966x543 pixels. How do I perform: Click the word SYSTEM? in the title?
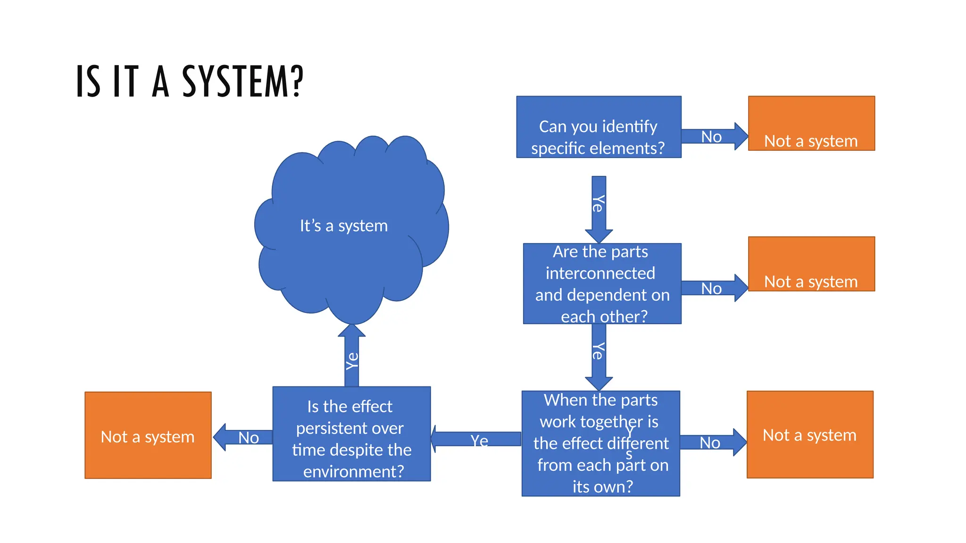coord(242,82)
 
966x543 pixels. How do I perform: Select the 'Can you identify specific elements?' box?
coord(598,127)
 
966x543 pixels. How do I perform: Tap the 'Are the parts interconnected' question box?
coord(602,283)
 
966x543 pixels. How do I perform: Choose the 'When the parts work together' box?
coord(600,443)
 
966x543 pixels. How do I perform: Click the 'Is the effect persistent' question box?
coord(351,434)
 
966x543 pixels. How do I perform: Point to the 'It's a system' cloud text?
coord(344,226)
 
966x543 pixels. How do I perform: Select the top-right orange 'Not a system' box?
coord(811,123)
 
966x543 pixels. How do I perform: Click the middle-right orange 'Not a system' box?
coord(811,263)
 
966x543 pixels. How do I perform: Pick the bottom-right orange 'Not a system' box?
coord(809,434)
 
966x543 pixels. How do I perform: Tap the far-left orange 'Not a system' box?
coord(148,435)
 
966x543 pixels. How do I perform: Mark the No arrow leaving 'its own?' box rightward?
coord(711,442)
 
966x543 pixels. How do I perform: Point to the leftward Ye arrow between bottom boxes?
coord(476,439)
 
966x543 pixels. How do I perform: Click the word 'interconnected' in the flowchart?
coord(600,273)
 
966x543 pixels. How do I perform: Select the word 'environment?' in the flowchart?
coord(353,471)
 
